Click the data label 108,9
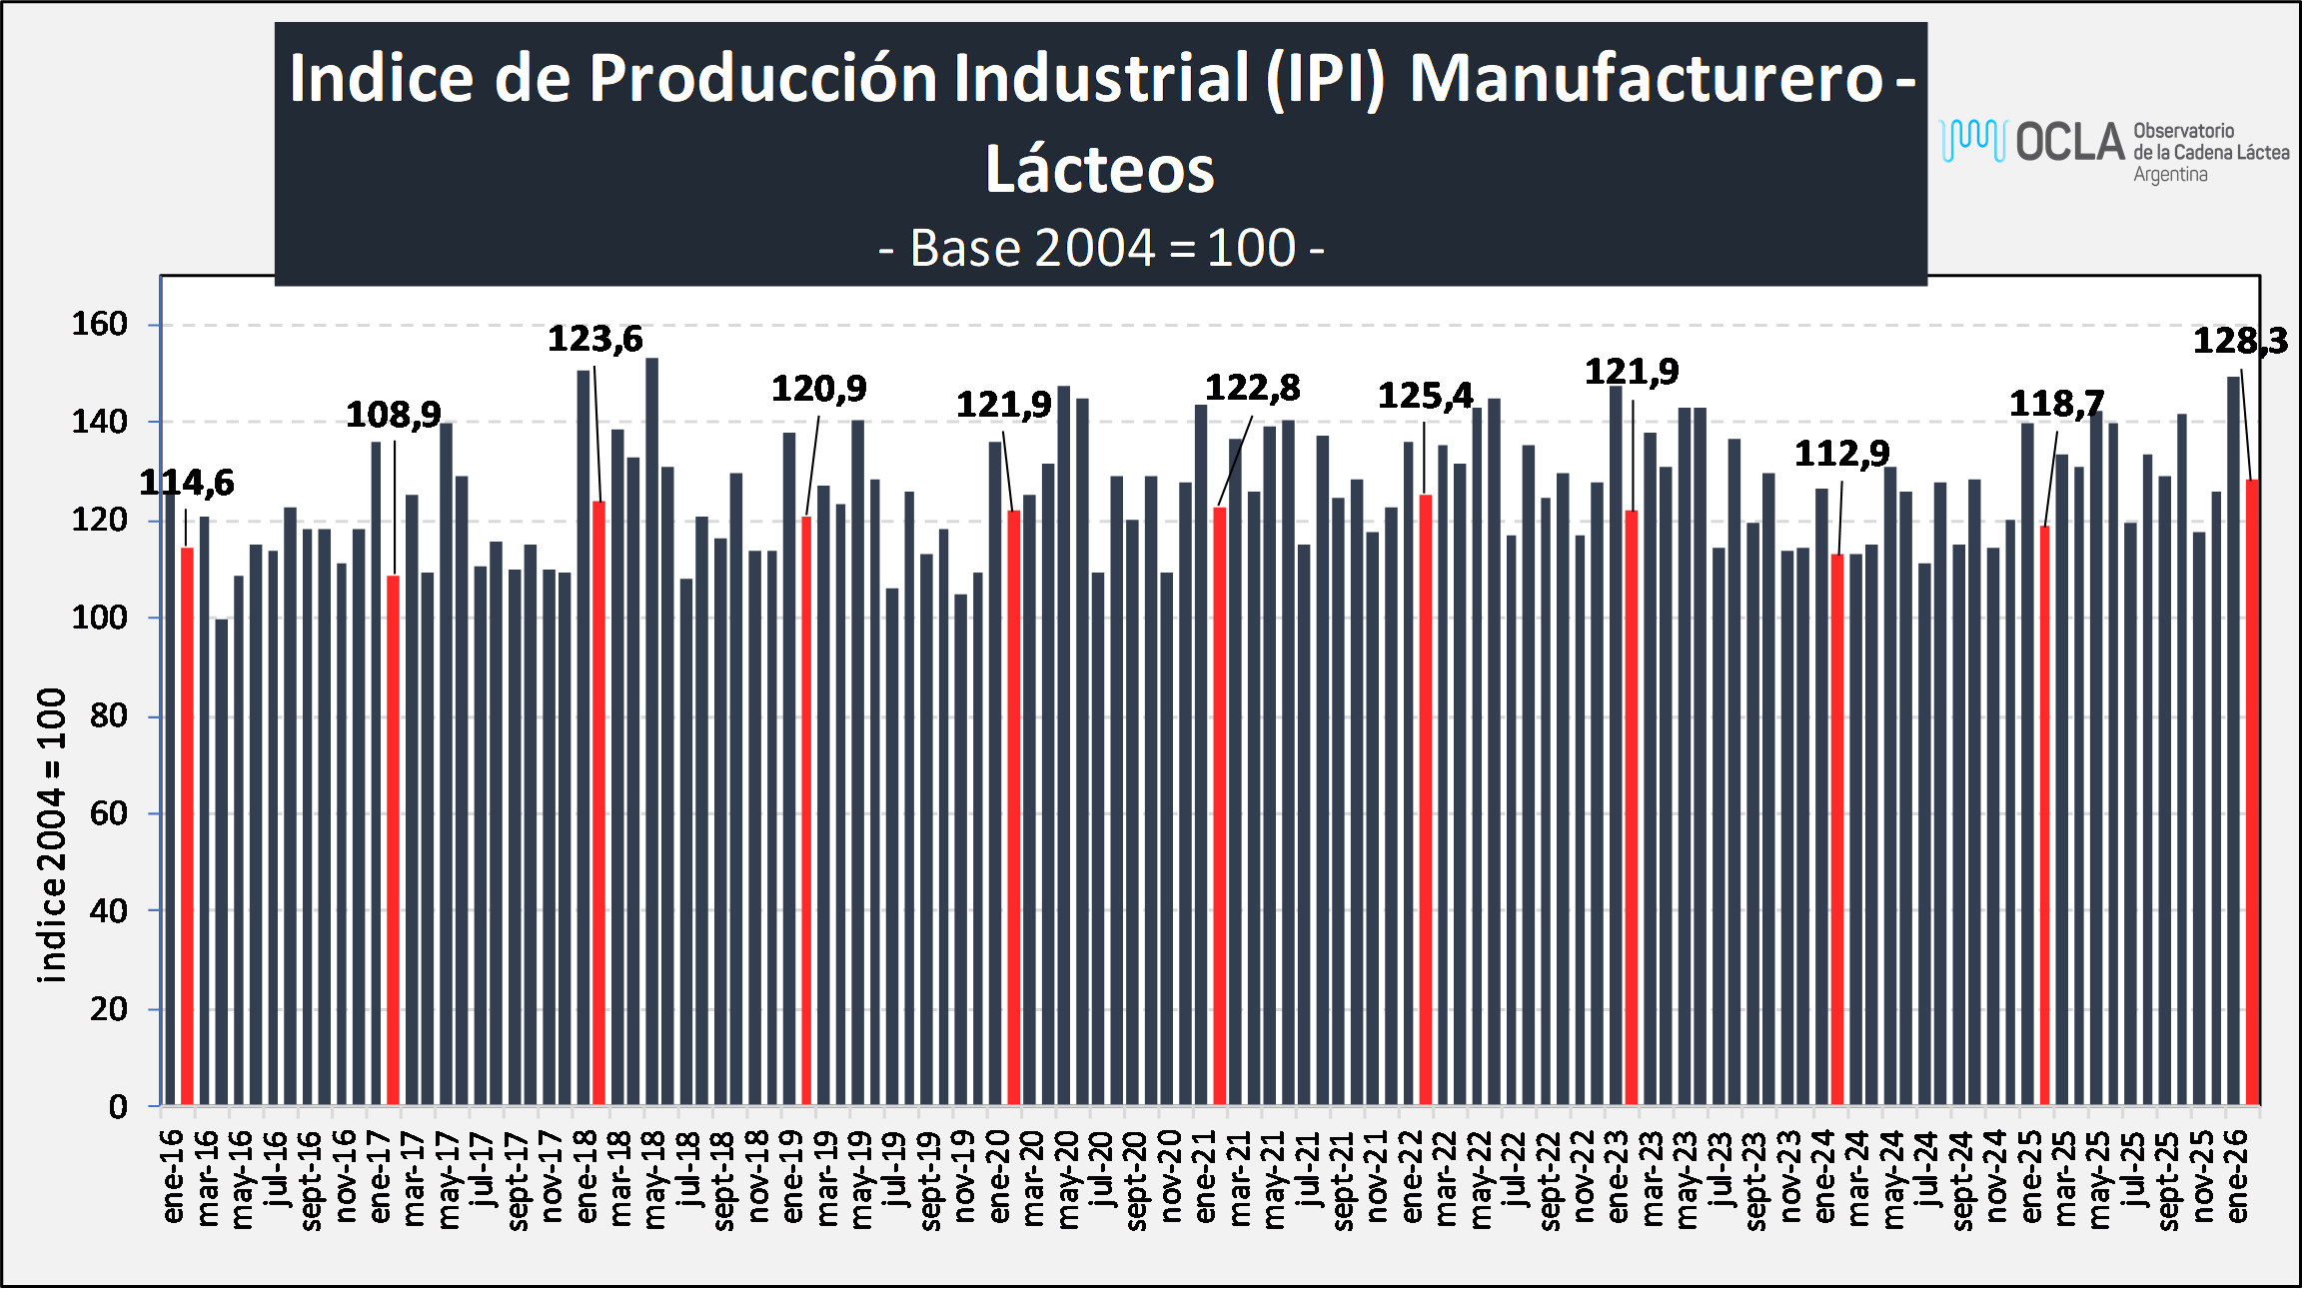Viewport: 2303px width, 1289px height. pyautogui.click(x=393, y=415)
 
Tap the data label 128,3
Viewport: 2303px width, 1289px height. pyautogui.click(x=2239, y=342)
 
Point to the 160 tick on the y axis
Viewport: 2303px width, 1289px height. pyautogui.click(x=100, y=324)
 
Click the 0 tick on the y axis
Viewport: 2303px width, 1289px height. pyautogui.click(x=118, y=1106)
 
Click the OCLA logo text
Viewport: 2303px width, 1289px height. pyautogui.click(x=2069, y=143)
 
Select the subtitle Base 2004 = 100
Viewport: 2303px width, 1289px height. pyautogui.click(x=1100, y=248)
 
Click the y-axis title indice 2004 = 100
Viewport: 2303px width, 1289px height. pyautogui.click(x=51, y=834)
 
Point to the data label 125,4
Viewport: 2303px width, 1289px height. pyautogui.click(x=1425, y=397)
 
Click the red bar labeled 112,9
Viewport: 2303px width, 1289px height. pyautogui.click(x=1837, y=829)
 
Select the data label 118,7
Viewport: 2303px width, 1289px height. pyautogui.click(x=2056, y=405)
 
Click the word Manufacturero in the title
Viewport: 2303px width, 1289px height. pyautogui.click(x=1646, y=78)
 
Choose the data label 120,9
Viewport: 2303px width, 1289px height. pyautogui.click(x=818, y=389)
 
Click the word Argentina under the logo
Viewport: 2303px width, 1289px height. pyautogui.click(x=2170, y=175)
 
